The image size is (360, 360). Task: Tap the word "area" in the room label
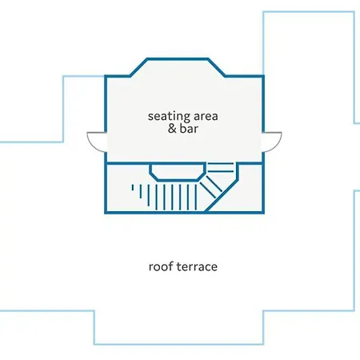(206, 117)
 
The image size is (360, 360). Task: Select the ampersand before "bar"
(172, 129)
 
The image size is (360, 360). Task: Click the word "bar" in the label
(189, 129)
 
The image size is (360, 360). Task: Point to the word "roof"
(159, 266)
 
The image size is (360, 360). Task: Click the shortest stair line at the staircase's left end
(133, 188)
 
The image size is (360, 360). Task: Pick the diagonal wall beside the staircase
(222, 196)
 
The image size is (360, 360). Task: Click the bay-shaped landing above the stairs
(178, 172)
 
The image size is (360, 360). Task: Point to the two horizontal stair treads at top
(221, 167)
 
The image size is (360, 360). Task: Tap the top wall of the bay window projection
(178, 58)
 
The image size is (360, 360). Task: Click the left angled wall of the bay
(138, 67)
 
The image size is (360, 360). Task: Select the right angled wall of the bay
(217, 67)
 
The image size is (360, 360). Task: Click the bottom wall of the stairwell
(184, 212)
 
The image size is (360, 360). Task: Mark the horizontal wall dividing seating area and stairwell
(184, 162)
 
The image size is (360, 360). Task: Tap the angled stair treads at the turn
(210, 186)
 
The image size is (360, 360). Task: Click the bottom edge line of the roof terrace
(178, 344)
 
